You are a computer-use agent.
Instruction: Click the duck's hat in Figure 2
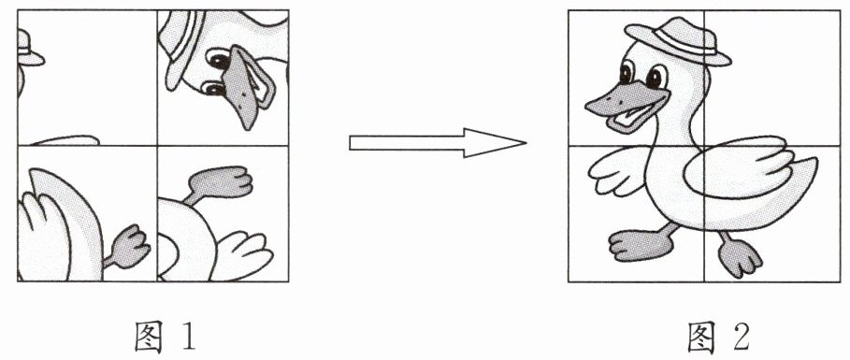(678, 40)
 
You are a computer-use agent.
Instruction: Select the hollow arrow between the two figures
(438, 143)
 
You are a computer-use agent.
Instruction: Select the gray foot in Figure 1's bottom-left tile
(128, 247)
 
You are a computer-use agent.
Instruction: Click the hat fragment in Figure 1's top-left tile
(28, 49)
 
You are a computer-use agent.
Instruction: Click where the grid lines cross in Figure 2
(704, 146)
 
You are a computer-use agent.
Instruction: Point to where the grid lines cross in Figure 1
(157, 145)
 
